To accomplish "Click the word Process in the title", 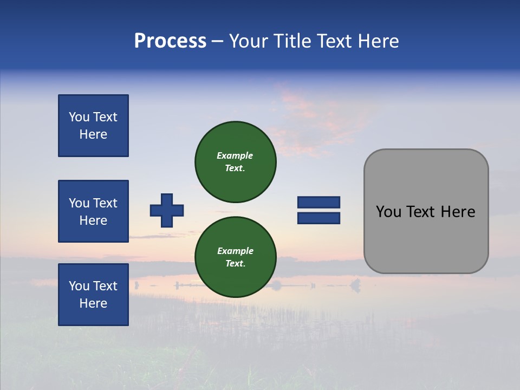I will tap(170, 41).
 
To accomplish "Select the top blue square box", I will tap(93, 126).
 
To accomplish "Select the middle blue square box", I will tap(93, 211).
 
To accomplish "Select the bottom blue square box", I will tap(93, 295).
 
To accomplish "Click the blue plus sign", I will tap(167, 210).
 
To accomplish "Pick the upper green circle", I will tap(236, 161).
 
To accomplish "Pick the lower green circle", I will tap(236, 257).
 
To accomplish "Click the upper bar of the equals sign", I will tap(318, 202).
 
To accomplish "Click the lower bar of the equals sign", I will tap(318, 218).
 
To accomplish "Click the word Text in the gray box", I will tap(422, 212).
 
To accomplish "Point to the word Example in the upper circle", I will tap(235, 155).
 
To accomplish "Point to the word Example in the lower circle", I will tap(235, 251).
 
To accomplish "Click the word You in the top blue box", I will tap(79, 117).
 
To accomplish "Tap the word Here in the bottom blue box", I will tap(93, 303).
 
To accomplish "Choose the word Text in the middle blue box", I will tap(105, 203).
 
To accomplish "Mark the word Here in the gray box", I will tap(458, 212).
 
